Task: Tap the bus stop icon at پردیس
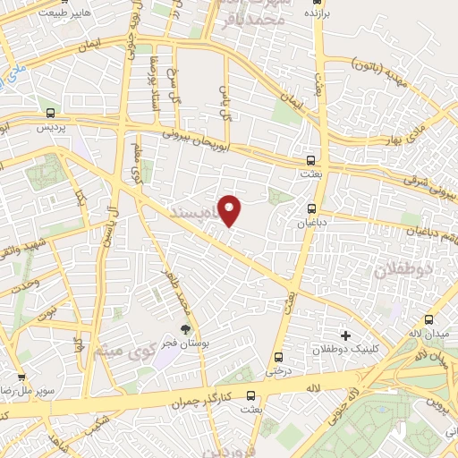51,114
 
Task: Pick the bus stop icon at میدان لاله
429,319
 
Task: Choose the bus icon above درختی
278,356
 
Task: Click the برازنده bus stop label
311,15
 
